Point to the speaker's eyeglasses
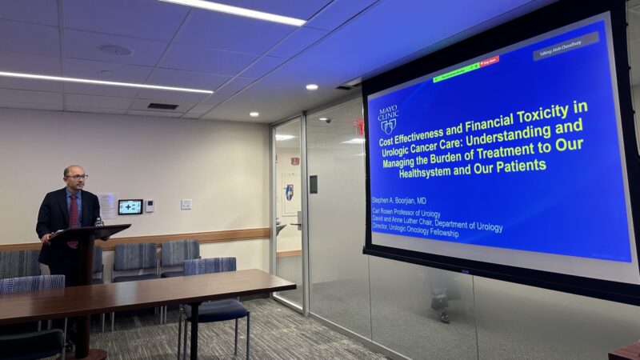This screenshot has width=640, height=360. [76, 177]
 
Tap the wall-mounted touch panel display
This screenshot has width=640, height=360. [130, 206]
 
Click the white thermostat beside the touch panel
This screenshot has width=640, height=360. [150, 206]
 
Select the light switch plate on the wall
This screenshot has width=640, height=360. [186, 204]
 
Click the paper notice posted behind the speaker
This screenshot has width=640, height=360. [107, 205]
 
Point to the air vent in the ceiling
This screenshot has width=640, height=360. [162, 106]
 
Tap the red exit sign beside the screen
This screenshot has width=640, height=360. [358, 127]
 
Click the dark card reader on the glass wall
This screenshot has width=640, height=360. [313, 184]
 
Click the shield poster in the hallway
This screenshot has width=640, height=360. [288, 192]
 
